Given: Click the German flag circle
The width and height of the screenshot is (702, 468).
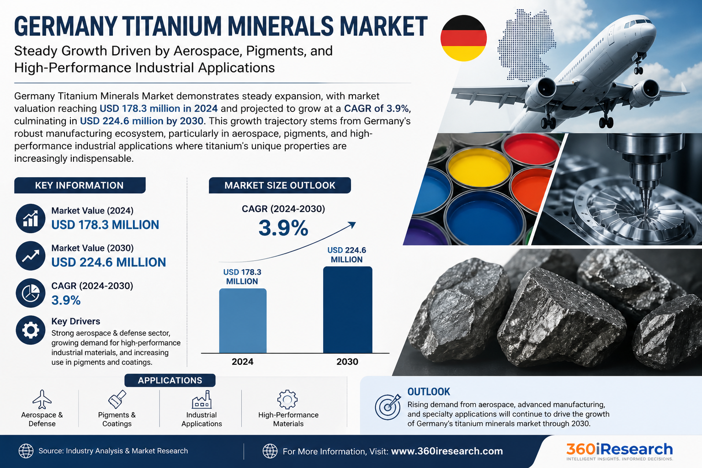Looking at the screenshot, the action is point(463,38).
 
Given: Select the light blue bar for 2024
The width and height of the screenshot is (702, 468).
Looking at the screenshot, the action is point(243,321).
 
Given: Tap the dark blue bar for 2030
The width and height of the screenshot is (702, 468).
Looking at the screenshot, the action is point(347,310).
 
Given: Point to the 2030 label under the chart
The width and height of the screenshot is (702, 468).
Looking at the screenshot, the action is point(347,362).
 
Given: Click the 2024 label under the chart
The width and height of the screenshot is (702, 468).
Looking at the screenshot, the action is point(242,362).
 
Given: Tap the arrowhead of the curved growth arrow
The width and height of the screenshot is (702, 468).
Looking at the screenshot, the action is point(352,225).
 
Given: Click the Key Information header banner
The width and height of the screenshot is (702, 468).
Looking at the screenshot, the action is point(80,185).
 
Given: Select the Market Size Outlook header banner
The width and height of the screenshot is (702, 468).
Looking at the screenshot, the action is point(280,185).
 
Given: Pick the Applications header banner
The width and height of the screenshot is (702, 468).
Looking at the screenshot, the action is point(170,380).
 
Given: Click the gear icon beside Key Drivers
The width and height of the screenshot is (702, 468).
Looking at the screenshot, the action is point(31,330).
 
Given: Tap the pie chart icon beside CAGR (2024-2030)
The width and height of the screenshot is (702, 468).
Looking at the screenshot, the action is point(31,293).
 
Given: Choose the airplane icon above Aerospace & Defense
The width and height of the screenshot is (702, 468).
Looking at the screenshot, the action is point(42,399).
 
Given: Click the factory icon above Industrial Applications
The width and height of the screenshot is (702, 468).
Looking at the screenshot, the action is point(202,399).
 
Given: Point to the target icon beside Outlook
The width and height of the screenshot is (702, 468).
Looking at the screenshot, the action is point(388,407).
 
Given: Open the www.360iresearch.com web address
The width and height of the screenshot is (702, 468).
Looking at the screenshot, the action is point(447,451).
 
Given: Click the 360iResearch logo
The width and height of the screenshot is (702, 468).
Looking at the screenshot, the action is point(620,452).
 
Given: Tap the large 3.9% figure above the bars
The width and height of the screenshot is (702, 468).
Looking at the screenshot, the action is point(283,228).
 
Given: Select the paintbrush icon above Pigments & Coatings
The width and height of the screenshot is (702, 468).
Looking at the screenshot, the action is point(117,399).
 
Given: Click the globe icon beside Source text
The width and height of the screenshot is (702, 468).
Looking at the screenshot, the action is point(26,451).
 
